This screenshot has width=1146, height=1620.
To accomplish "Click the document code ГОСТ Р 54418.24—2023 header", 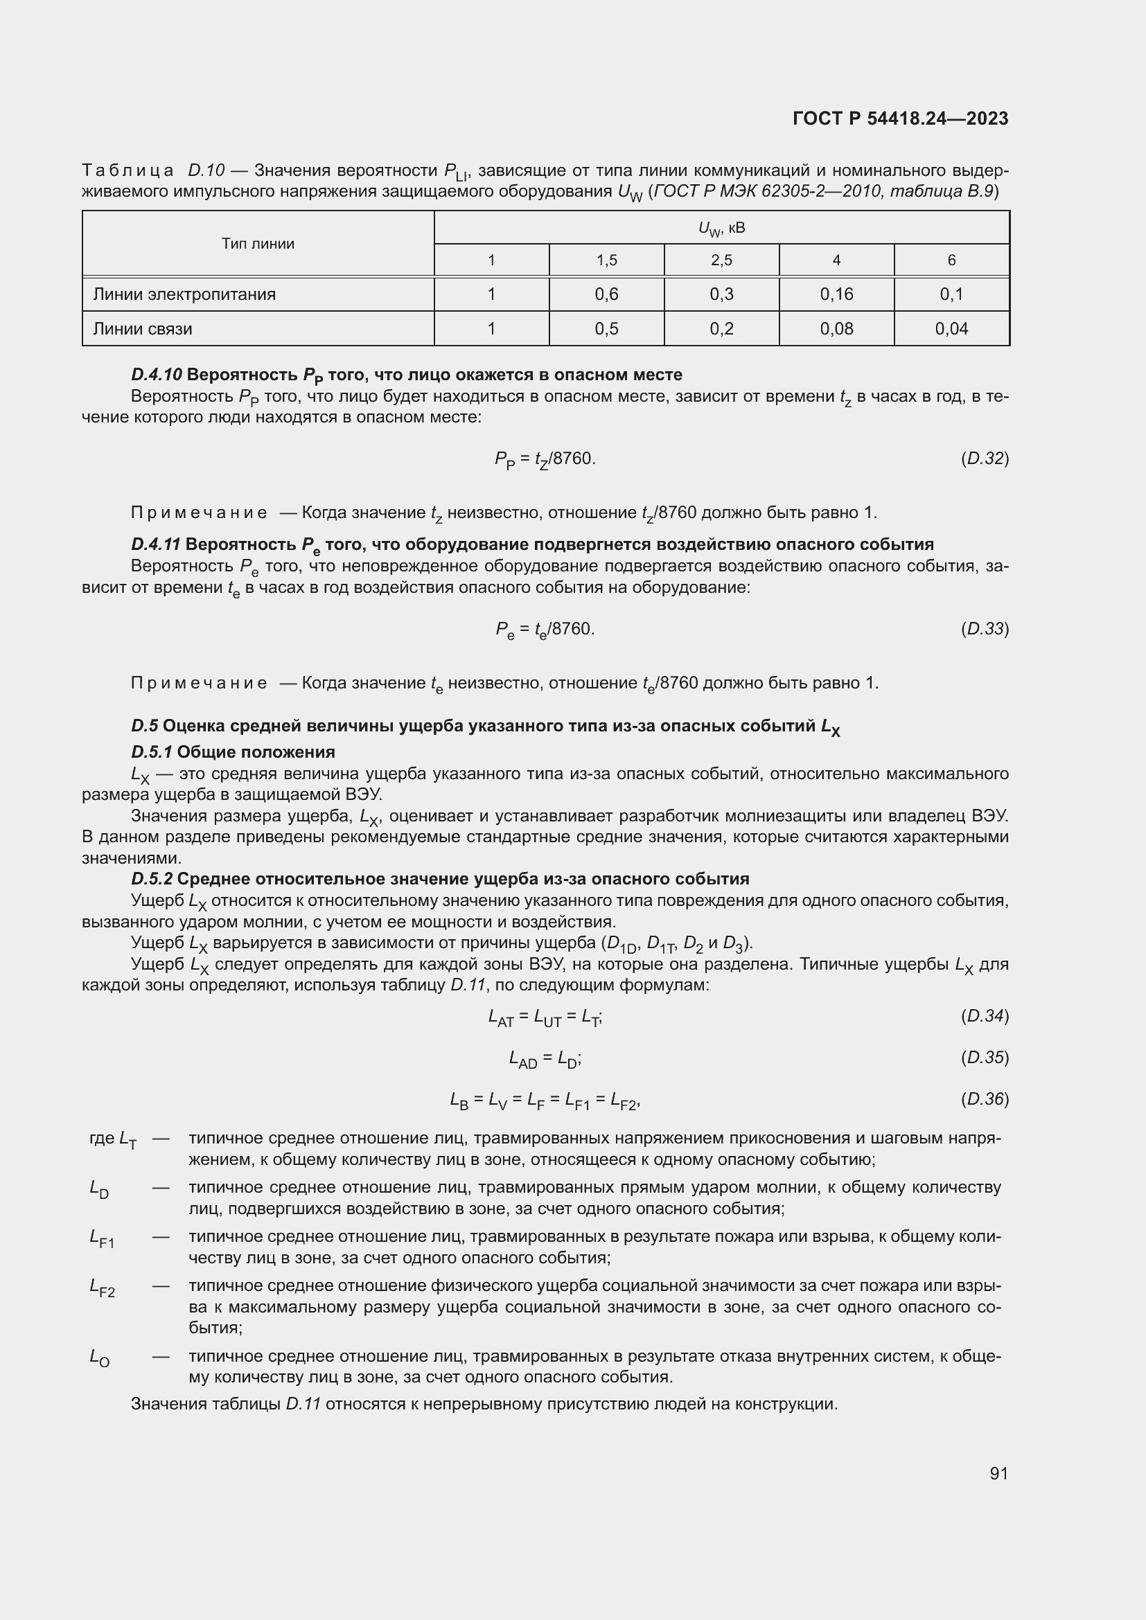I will pyautogui.click(x=901, y=118).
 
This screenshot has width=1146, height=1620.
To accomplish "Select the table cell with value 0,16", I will pyautogui.click(x=836, y=294).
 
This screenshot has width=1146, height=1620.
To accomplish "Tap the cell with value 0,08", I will pyautogui.click(x=836, y=329).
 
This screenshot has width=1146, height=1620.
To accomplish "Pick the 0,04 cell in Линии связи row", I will pyautogui.click(x=951, y=329).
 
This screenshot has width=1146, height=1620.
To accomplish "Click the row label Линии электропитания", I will pyautogui.click(x=184, y=294).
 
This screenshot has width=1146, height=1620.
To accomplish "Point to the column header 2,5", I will pyautogui.click(x=721, y=260).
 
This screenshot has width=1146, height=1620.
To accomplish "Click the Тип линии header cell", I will pyautogui.click(x=258, y=244).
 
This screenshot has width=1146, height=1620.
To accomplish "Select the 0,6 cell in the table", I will pyautogui.click(x=606, y=294).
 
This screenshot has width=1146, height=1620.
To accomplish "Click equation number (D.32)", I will pyautogui.click(x=985, y=459).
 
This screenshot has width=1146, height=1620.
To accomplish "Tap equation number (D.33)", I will pyautogui.click(x=985, y=629).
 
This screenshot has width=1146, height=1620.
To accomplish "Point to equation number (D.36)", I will pyautogui.click(x=985, y=1099).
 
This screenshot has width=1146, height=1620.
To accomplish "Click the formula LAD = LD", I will pyautogui.click(x=545, y=1058).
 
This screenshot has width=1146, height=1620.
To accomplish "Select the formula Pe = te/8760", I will pyautogui.click(x=545, y=630).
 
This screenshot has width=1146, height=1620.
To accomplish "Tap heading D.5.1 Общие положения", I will pyautogui.click(x=233, y=751).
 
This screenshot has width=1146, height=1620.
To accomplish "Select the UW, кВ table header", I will pyautogui.click(x=721, y=229).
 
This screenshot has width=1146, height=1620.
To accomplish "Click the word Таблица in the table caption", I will pyautogui.click(x=127, y=171).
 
